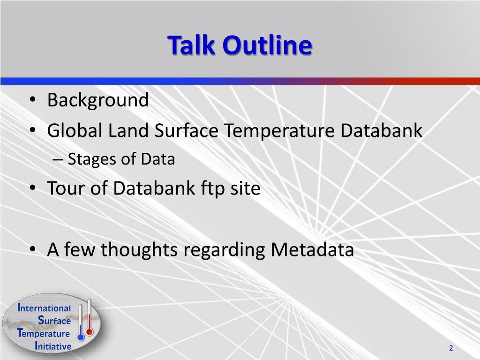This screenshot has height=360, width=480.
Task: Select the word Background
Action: (x=98, y=100)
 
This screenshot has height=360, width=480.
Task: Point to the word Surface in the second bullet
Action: (x=186, y=130)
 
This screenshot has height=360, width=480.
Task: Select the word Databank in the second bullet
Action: (x=382, y=130)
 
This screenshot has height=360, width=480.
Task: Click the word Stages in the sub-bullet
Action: (x=92, y=159)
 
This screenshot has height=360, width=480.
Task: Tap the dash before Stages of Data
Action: (x=58, y=160)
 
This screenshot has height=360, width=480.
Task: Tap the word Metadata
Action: (x=312, y=249)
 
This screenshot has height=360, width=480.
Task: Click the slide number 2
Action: (x=451, y=348)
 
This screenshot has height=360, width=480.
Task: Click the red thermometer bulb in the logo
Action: (x=90, y=332)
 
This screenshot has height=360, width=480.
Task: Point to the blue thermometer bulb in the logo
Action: (x=81, y=337)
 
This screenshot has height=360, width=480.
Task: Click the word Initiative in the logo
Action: (x=53, y=346)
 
